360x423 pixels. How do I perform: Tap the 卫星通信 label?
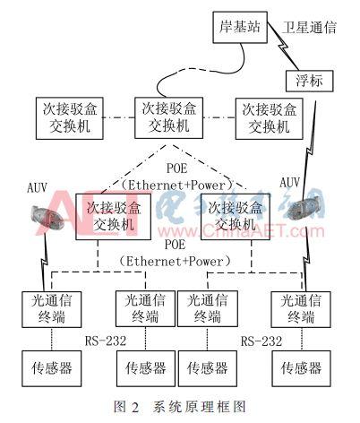pyautogui.click(x=309, y=28)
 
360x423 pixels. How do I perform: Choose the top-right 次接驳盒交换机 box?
pyautogui.click(x=264, y=117)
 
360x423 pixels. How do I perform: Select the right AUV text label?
pyautogui.click(x=290, y=183)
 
